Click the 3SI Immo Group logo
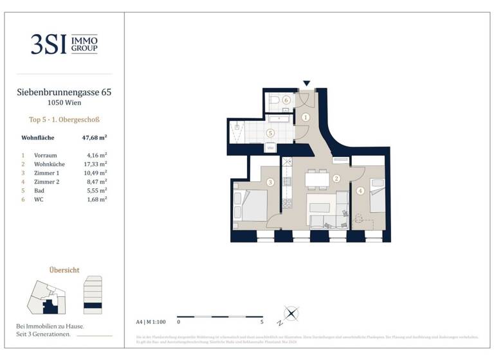pos(64,43)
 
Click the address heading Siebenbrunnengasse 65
pos(64,93)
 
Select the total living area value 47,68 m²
pos(94,138)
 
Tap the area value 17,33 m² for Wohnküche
pos(96,164)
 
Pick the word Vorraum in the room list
pos(46,155)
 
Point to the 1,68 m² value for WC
pos(96,199)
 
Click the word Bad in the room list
pos(39,190)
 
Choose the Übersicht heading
pos(64,270)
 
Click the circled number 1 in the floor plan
pos(306,117)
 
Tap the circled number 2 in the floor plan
pos(336,179)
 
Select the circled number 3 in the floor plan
pos(270,183)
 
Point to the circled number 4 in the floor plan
pos(360,190)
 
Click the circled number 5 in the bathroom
pos(270,133)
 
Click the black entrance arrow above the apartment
pos(307,83)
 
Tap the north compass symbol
pos(291,314)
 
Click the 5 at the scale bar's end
pos(262,321)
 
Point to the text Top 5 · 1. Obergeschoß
pos(64,119)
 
